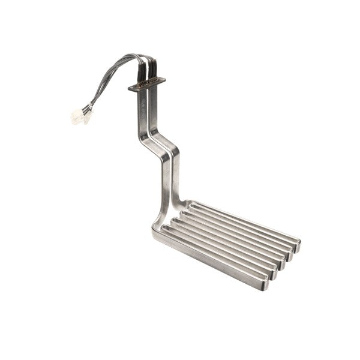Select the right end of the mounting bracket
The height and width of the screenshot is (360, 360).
(163, 79)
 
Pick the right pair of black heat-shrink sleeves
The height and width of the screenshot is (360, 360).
(154, 70)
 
